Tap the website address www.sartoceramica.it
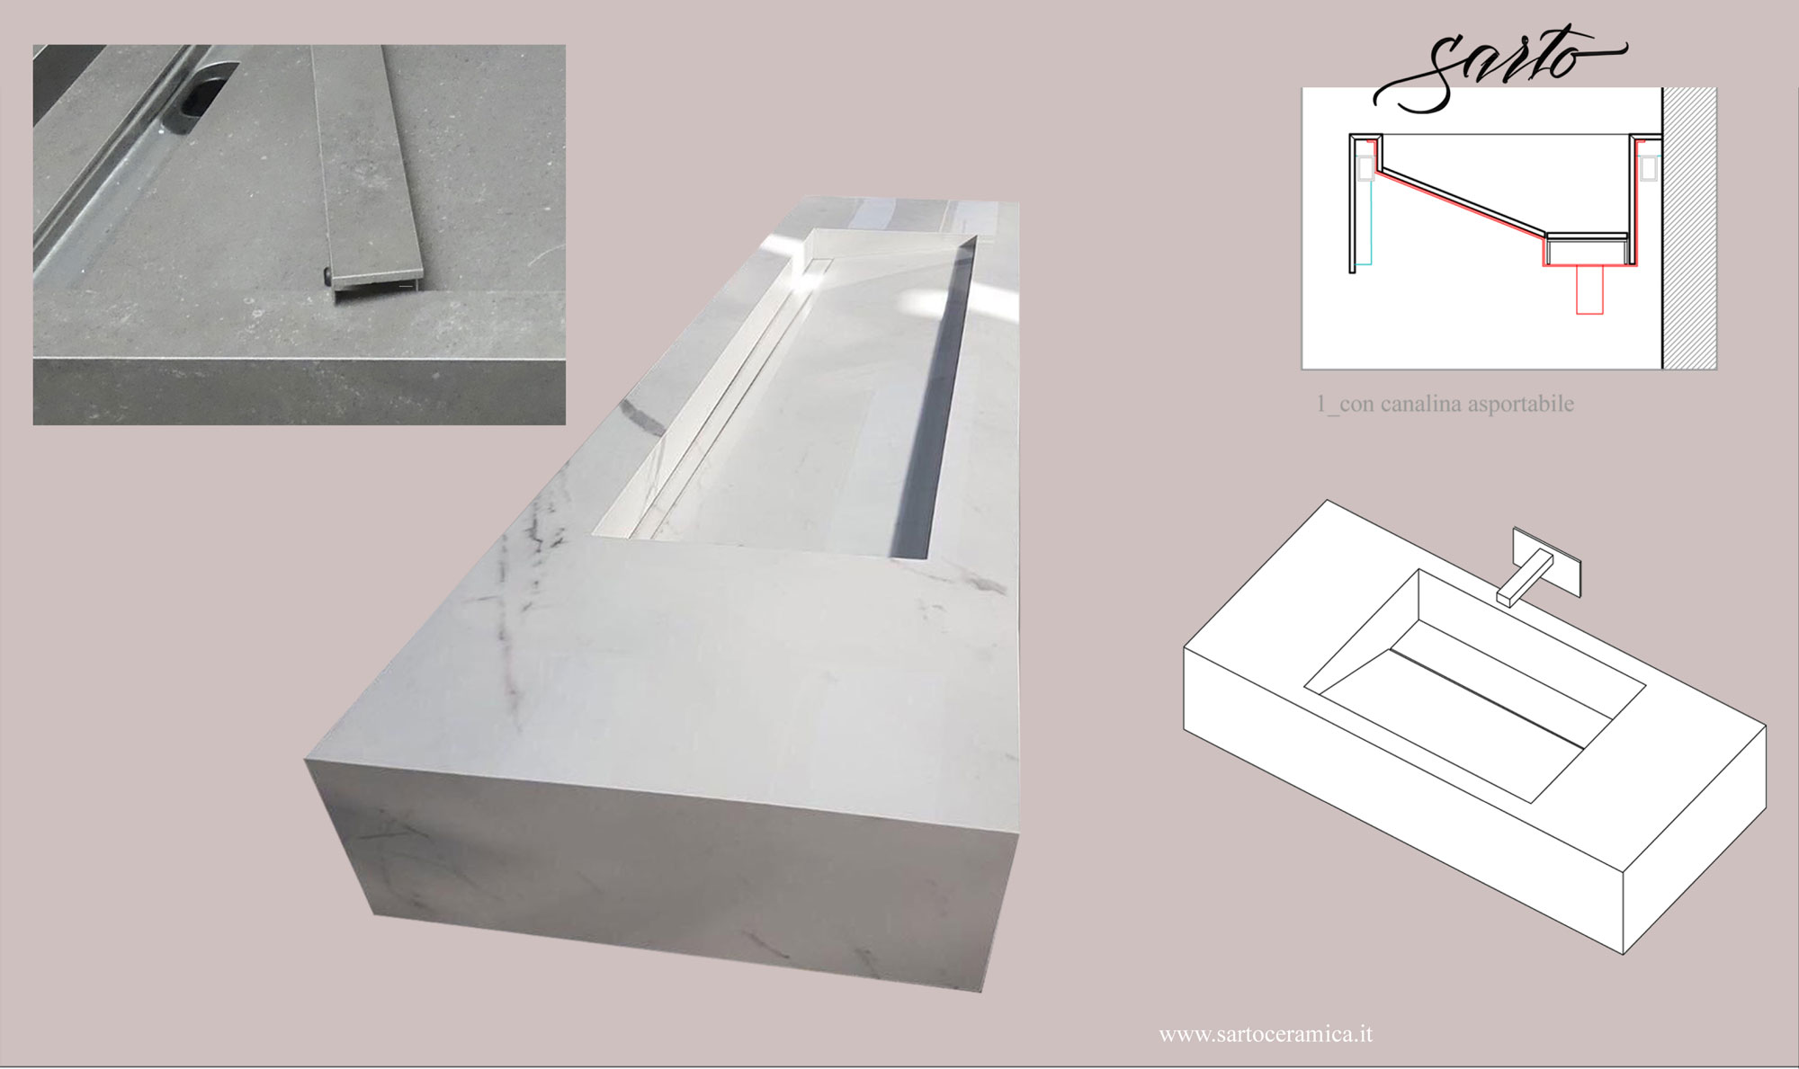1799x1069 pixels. coord(1266,1034)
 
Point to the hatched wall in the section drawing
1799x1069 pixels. coord(1688,228)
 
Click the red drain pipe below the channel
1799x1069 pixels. coord(1589,290)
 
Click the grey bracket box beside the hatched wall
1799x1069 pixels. coord(1649,168)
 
